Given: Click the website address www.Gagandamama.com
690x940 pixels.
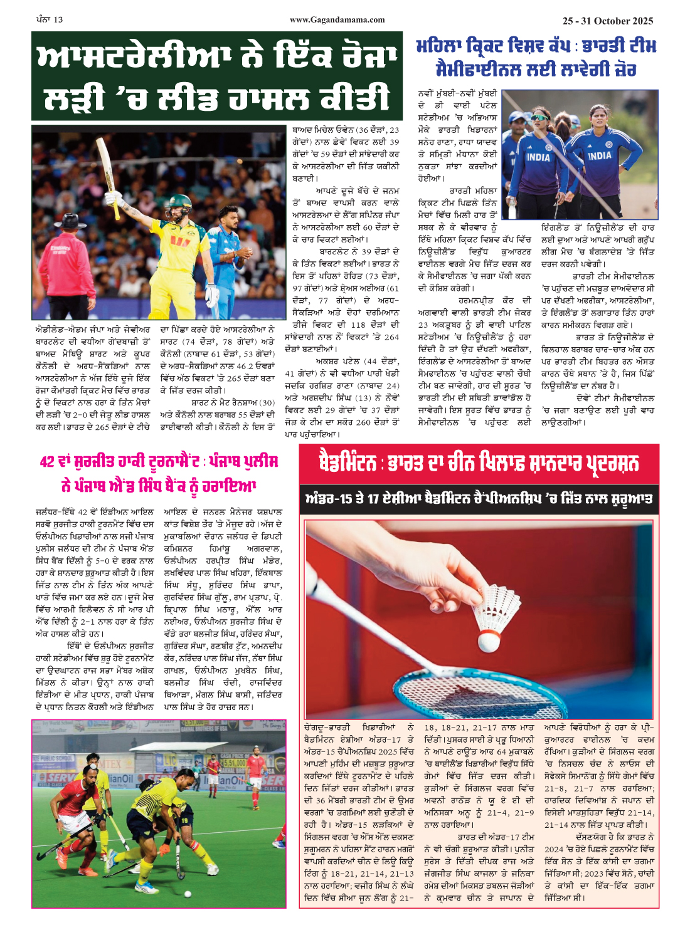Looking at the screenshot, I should click(337, 20).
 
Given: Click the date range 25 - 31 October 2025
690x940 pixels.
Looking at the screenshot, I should click(607, 21).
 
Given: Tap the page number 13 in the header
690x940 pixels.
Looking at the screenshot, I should click(58, 20).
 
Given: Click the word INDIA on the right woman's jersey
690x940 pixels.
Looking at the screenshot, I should click(599, 155).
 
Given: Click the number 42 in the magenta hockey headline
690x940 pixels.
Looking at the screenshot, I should click(47, 462).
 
